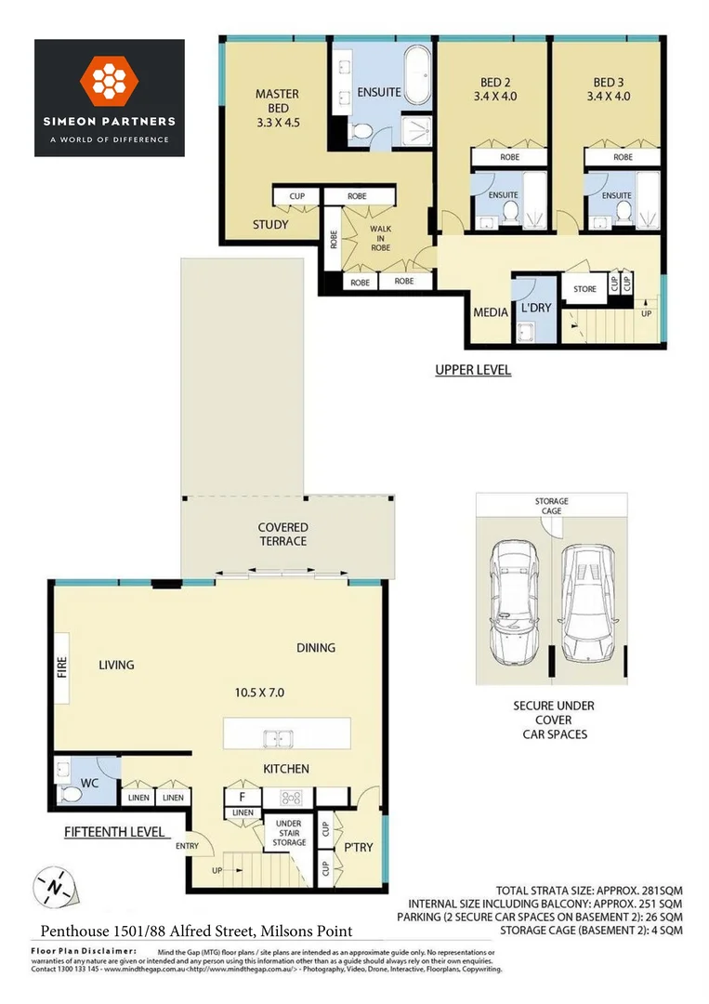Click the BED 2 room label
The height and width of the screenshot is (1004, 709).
[493, 88]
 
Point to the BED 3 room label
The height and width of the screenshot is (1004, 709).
[609, 88]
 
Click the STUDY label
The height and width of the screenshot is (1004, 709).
[270, 225]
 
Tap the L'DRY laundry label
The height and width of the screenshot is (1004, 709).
[536, 307]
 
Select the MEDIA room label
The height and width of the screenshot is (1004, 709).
[491, 312]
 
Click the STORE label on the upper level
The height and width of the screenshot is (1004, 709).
[584, 289]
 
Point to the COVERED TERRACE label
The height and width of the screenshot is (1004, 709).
[282, 535]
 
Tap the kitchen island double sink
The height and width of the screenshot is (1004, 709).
[277, 739]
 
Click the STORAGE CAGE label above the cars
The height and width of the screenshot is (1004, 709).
[551, 507]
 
